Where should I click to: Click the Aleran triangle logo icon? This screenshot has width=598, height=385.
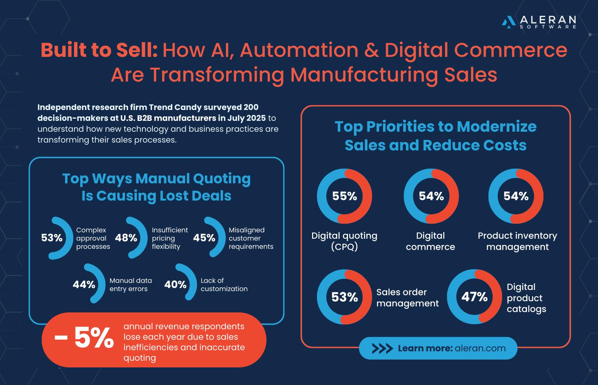pos(508,22)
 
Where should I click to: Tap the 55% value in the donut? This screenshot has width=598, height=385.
pos(344,196)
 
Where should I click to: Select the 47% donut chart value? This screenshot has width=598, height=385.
pos(474,297)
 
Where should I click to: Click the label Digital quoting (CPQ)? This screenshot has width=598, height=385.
pos(344,241)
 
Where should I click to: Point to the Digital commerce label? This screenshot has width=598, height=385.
pos(431,241)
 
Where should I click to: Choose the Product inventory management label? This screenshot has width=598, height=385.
pos(517,241)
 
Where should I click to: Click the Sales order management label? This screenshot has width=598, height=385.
pos(407,298)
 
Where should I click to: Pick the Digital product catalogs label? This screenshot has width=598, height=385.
pos(526,298)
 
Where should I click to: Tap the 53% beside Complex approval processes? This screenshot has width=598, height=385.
pos(52,238)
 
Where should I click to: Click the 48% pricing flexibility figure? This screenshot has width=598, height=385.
pos(126,238)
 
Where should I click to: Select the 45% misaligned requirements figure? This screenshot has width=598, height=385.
pos(204,238)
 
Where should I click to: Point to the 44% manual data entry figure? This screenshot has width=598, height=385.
pos(84,285)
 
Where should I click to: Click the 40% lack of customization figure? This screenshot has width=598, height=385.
pos(175,285)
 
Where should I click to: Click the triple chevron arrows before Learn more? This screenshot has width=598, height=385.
pos(382,349)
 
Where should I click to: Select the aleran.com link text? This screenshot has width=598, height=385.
pos(480,349)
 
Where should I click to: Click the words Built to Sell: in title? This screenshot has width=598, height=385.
pos(99,50)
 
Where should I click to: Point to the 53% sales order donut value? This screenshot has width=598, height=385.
pos(344,297)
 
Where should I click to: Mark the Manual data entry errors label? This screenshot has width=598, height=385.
pos(130,285)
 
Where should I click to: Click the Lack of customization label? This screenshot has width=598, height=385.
pos(224,285)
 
